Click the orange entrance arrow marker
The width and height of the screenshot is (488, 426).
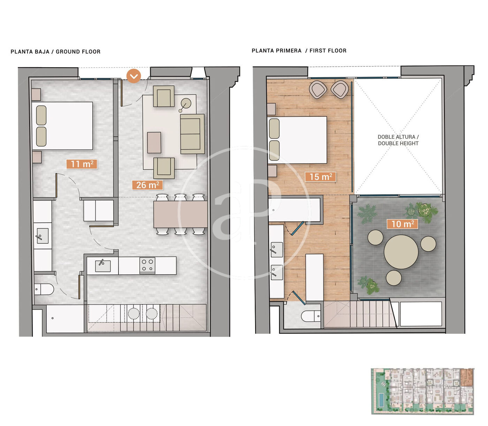click(x=134, y=76)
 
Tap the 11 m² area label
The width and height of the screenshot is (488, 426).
click(x=82, y=164)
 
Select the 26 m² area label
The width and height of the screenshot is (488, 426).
click(x=147, y=185)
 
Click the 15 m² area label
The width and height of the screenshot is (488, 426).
click(x=320, y=177)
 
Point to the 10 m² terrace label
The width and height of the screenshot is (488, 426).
click(x=402, y=224)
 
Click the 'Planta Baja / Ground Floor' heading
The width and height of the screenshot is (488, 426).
click(x=55, y=52)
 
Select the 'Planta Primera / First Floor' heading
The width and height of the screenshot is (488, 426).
click(x=299, y=51)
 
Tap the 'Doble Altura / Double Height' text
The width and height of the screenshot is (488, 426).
click(x=398, y=140)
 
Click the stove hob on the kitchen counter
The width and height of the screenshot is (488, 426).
click(x=147, y=265)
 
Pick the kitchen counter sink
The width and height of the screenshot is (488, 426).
click(x=103, y=266)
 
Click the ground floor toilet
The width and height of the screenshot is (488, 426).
click(x=44, y=289)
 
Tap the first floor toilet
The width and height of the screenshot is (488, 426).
click(x=311, y=316)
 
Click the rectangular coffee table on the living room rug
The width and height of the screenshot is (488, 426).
click(x=154, y=142)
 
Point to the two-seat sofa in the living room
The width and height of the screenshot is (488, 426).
click(x=192, y=134)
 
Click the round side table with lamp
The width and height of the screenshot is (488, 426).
click(x=186, y=104)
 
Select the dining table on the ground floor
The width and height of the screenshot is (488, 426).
click(x=180, y=214)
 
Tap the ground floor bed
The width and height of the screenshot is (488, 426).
click(x=62, y=126)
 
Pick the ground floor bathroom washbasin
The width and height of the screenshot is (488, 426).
click(x=43, y=236)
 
